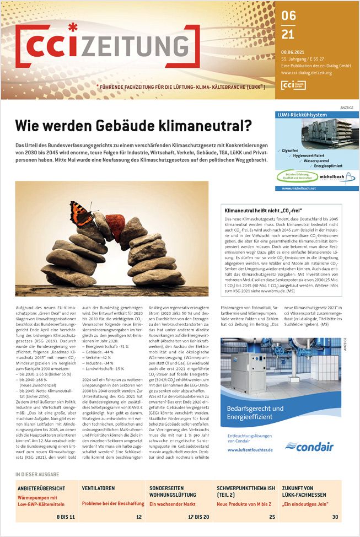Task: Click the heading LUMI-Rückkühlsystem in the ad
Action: click(x=302, y=114)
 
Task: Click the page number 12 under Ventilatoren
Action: click(x=138, y=517)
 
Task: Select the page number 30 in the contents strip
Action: click(x=335, y=517)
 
